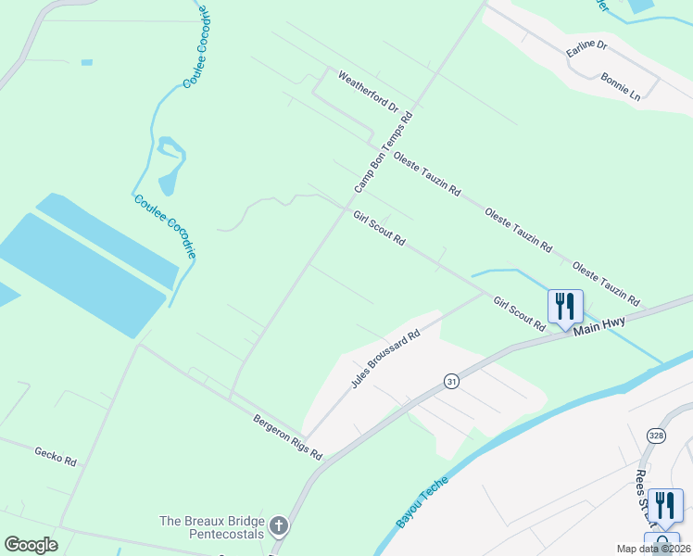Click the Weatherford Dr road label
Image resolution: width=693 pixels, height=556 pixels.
coord(368,93)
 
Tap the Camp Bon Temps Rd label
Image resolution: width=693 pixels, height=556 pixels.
coord(382,150)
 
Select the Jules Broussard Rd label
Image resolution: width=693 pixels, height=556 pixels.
coord(385,359)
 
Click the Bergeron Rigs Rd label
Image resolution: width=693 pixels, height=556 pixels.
coord(287,436)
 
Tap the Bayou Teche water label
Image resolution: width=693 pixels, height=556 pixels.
coord(422,501)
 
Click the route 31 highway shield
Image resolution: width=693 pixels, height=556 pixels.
coord(451,381)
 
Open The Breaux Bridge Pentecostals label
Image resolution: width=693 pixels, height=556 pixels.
coord(212,527)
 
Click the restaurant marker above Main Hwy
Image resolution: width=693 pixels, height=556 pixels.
coord(565,306)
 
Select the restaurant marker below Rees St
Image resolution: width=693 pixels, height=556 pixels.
coord(665,505)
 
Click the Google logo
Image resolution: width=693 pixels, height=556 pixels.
coord(31,545)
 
